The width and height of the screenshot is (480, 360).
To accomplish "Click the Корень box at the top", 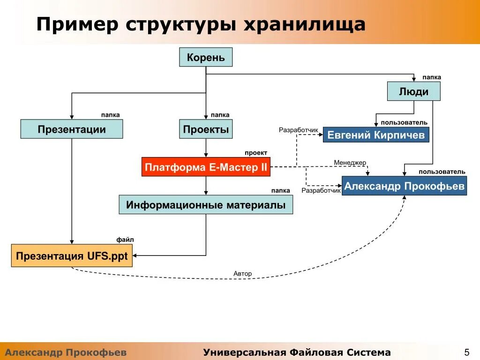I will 206,58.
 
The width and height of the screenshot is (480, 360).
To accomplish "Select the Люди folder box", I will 413,91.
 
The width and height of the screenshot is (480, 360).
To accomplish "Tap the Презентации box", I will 72,129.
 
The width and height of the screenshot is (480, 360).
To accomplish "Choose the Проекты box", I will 206,129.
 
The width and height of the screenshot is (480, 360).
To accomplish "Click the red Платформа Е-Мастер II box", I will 206,167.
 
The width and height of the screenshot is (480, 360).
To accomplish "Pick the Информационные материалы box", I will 206,205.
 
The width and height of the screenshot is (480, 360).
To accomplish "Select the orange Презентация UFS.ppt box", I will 72,256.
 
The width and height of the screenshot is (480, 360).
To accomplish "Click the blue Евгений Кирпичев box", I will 376,135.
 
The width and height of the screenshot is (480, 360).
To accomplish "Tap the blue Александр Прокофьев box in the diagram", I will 404,186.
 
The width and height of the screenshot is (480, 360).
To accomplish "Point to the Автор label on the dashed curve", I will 242,273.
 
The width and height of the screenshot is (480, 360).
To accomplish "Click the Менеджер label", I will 350,163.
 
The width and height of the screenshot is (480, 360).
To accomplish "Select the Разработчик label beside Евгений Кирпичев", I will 298,130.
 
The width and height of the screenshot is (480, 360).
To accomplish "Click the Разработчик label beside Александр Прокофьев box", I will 321,191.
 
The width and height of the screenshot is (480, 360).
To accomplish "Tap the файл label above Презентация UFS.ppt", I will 125,240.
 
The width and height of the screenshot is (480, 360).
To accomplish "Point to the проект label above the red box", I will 255,153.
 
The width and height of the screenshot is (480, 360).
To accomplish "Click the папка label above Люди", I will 431,77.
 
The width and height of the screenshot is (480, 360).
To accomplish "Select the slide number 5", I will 466,352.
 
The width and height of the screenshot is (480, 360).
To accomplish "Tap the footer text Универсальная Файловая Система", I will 297,352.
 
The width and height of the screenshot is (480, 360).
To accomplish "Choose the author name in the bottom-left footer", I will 66,352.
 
